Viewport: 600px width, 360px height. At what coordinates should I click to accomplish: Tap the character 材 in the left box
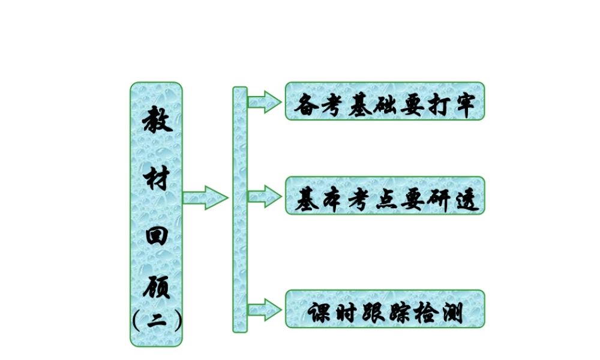coord(157,178)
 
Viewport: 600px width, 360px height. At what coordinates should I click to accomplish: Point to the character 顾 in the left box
coord(157,287)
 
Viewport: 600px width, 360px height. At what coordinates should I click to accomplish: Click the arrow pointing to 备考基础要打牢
coord(264,101)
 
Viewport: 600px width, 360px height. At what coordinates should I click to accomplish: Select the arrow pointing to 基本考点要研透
coord(264,196)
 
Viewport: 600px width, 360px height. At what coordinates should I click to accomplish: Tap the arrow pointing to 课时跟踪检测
coord(264,310)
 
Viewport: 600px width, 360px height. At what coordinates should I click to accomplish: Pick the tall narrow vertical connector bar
coord(240,209)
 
